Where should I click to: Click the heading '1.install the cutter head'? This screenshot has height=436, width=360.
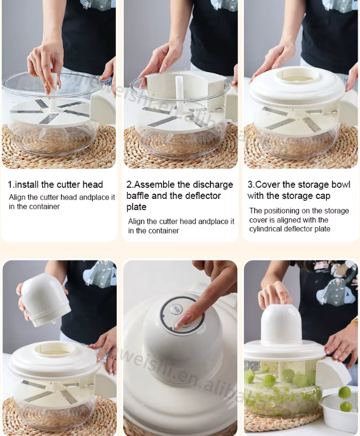tap(55, 184)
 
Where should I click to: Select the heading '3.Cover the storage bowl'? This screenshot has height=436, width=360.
tap(299, 190)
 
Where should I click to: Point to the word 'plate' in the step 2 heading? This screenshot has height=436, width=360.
tap(136, 207)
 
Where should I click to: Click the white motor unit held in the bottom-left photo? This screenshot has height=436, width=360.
tap(45, 299)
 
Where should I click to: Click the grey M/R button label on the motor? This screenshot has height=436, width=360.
tap(175, 309)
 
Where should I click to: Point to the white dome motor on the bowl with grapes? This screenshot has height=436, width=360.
tap(281, 325)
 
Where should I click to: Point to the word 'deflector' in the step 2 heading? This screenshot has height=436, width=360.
tap(203, 196)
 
